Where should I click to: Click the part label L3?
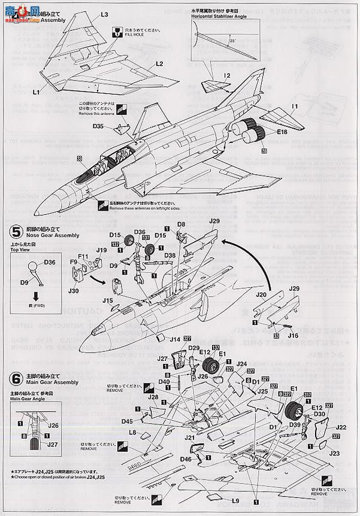pyautogui.click(x=104, y=14)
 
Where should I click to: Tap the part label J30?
pyautogui.click(x=74, y=291)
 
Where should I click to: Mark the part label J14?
pyautogui.click(x=175, y=339)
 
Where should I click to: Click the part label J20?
pyautogui.click(x=261, y=295)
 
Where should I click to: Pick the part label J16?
pyautogui.click(x=292, y=337)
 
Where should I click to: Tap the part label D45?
pyautogui.click(x=126, y=421)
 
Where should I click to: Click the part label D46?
pyautogui.click(x=186, y=458)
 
